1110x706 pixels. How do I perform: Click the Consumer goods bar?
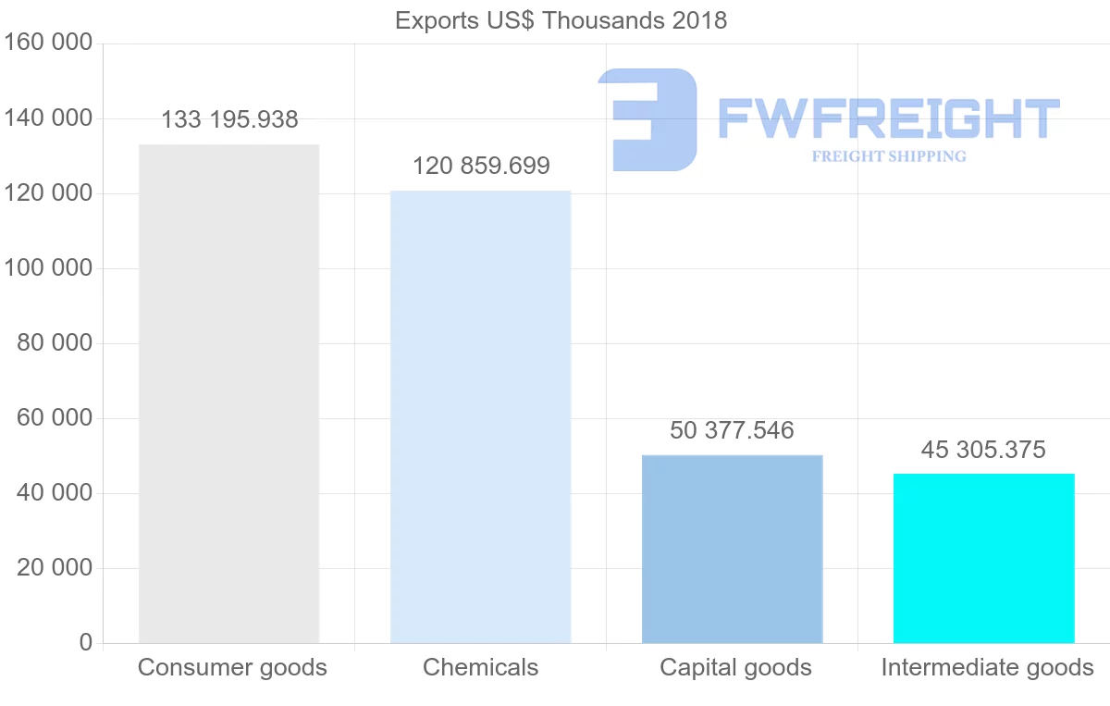(228, 393)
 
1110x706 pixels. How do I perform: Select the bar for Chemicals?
(480, 416)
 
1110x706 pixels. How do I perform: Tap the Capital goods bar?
(732, 549)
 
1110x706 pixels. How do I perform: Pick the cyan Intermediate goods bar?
(983, 558)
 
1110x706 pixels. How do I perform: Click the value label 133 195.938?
(229, 120)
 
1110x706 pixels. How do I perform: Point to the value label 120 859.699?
(481, 167)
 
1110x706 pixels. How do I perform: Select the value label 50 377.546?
(732, 430)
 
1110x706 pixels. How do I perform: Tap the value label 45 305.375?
(983, 450)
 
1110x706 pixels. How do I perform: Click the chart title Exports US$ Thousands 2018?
(561, 20)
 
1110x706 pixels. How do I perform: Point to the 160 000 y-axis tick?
(48, 43)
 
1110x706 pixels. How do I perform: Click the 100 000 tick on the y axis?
(48, 268)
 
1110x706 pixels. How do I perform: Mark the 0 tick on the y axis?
(85, 643)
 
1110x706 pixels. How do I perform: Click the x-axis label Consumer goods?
(232, 668)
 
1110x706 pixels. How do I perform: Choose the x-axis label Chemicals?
(480, 668)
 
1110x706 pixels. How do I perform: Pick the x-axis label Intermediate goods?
(987, 668)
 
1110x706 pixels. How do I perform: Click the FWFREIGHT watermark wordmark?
(889, 118)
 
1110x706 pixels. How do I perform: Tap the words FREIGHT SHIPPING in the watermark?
(889, 156)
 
